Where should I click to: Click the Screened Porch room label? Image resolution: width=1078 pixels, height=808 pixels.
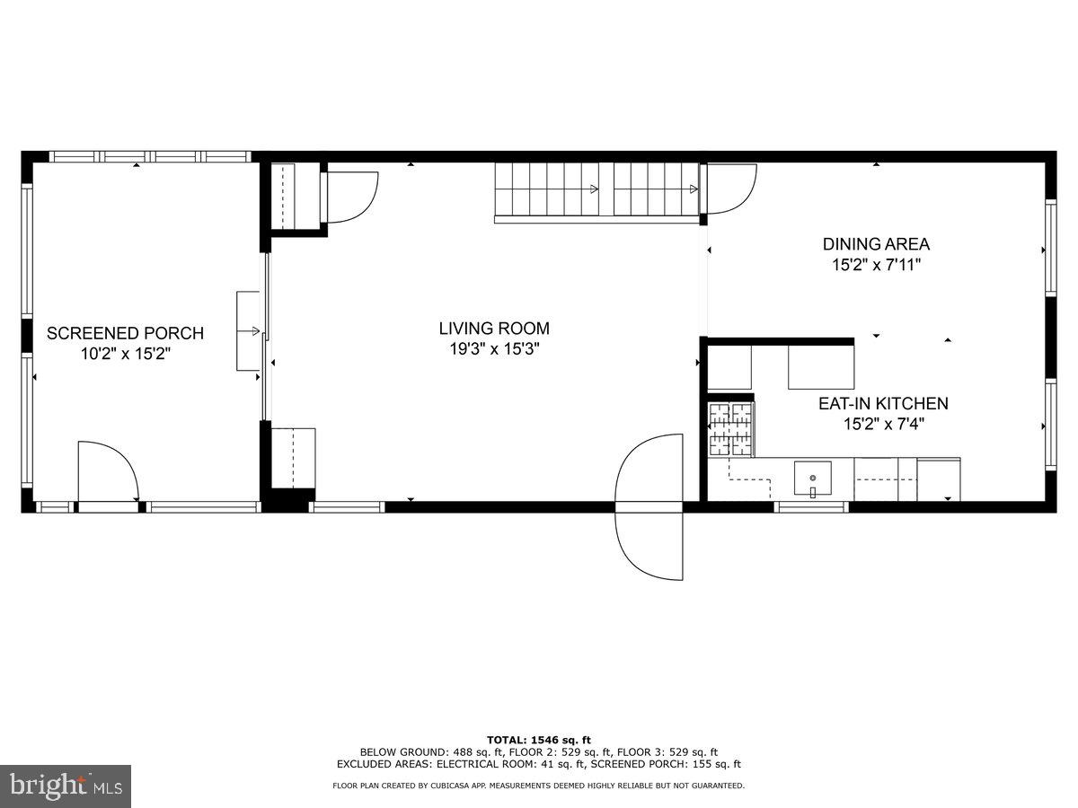(x=125, y=333)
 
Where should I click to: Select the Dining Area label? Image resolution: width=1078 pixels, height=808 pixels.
(x=876, y=243)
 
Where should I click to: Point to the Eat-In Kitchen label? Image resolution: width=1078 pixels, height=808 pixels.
(x=882, y=404)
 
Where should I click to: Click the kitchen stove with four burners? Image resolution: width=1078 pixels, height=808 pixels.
(x=730, y=429)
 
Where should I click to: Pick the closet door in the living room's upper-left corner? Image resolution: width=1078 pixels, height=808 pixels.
(x=350, y=196)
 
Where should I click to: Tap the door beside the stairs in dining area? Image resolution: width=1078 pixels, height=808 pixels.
(x=729, y=189)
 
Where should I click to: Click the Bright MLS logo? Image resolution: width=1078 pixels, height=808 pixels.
(x=66, y=786)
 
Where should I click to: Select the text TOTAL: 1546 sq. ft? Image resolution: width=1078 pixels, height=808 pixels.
(x=539, y=740)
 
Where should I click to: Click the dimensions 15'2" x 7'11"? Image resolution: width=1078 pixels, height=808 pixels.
(x=876, y=265)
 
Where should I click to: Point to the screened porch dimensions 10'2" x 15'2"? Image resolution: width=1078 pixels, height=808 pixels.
(x=125, y=355)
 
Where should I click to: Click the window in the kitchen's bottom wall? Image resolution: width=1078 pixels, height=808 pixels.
(x=811, y=507)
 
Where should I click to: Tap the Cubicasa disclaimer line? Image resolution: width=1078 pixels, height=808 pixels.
(x=539, y=786)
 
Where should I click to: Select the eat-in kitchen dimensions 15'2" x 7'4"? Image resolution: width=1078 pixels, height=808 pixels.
(x=882, y=425)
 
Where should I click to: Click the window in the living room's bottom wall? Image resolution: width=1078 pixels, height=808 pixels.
(x=347, y=507)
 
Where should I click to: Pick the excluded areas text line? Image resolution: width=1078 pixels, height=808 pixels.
(x=539, y=764)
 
